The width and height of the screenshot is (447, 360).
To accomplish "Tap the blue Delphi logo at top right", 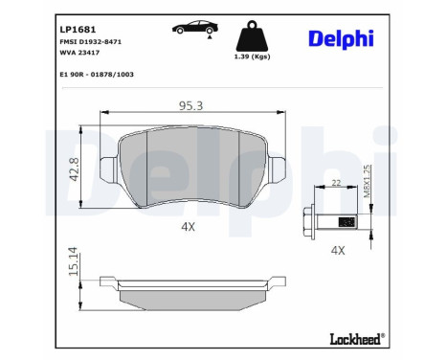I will tap(341, 38).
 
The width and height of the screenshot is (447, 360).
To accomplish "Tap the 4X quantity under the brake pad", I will tap(188, 227).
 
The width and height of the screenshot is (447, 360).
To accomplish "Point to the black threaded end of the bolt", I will tap(347, 222).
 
